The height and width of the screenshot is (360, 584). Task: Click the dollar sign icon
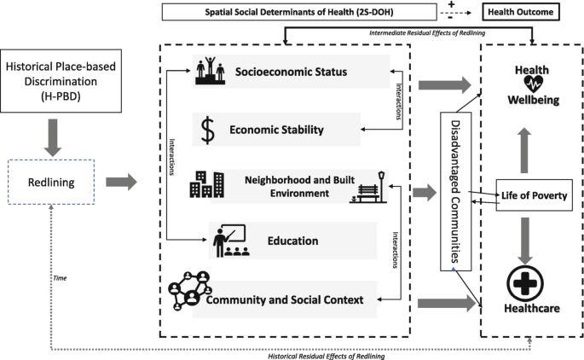(206, 129)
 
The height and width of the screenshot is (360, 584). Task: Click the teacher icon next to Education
(228, 241)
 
